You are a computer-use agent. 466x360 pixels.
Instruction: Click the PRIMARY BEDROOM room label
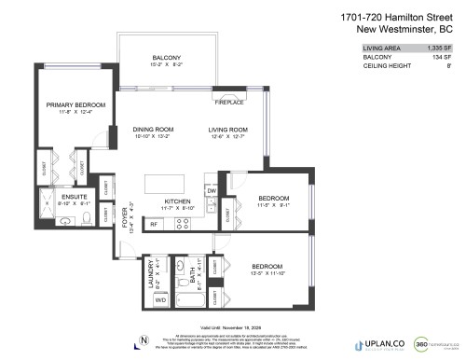[75, 105]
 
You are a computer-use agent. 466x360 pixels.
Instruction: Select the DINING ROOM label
[153, 129]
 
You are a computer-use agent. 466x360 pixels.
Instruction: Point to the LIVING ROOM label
[227, 129]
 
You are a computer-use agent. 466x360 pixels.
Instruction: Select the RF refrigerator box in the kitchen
[154, 224]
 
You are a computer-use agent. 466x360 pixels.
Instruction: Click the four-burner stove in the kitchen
[184, 223]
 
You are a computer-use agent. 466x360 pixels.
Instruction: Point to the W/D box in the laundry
[159, 300]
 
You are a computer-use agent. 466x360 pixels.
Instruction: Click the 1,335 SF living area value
[442, 46]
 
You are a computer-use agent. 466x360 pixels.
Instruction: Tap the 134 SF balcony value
[445, 56]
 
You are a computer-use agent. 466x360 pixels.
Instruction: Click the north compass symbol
[143, 338]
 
